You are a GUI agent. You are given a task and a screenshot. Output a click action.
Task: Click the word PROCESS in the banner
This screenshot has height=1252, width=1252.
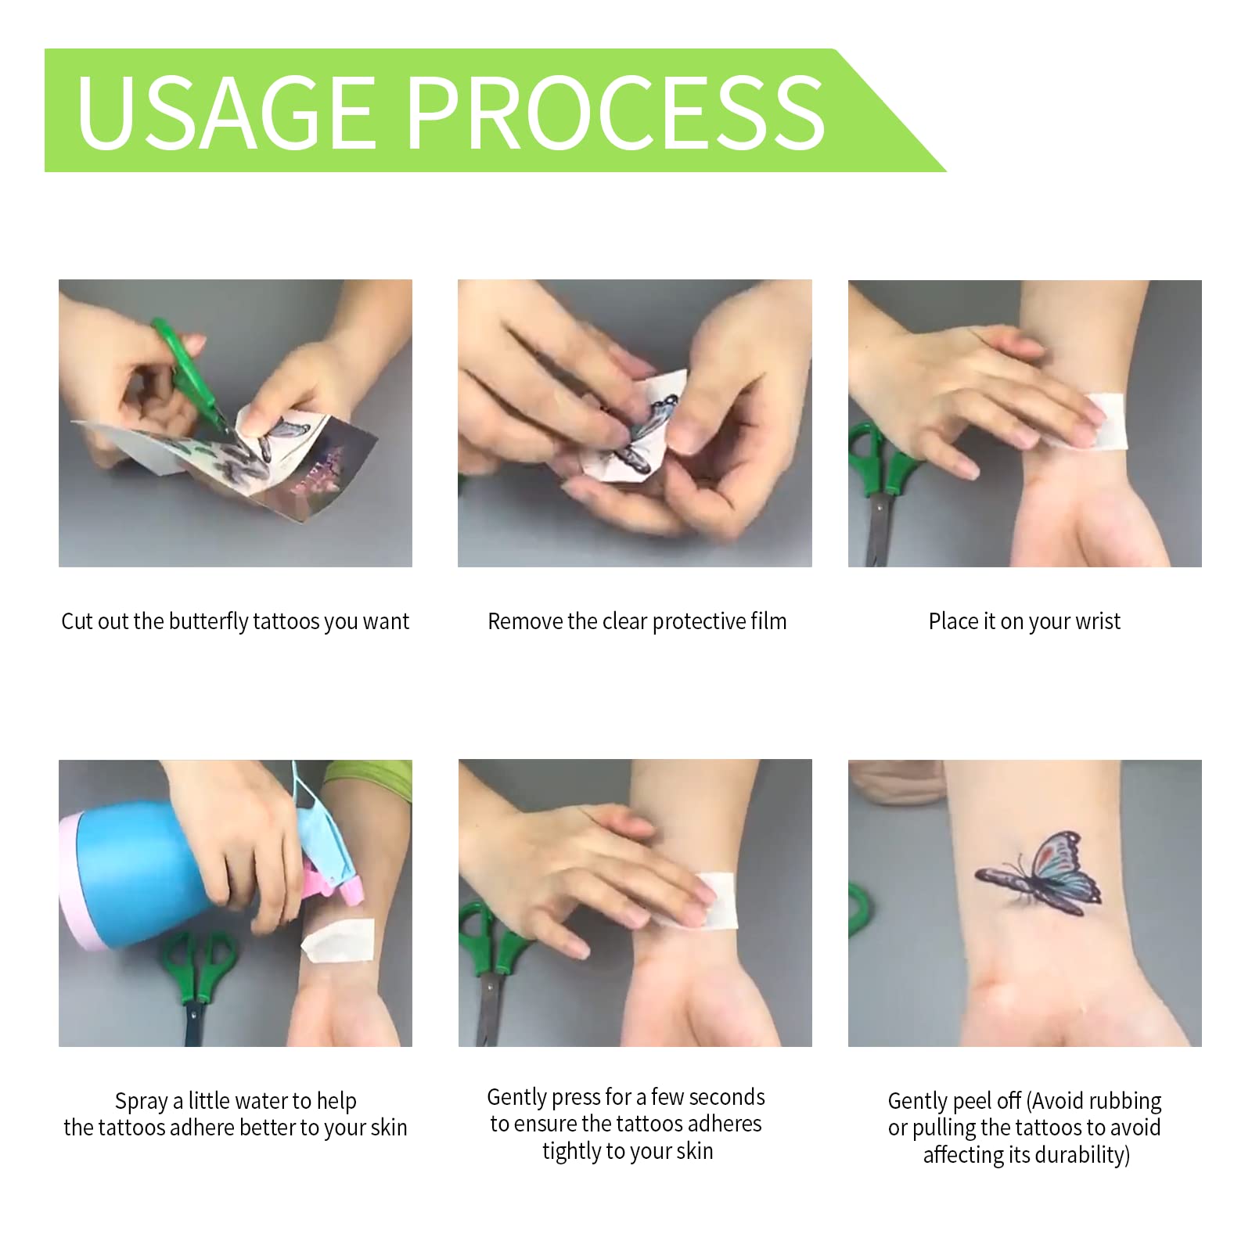point(617,113)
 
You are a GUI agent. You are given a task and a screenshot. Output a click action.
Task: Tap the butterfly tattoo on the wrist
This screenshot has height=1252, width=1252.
point(1038,875)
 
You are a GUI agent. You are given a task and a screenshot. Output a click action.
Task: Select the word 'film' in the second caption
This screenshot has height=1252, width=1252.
point(768,621)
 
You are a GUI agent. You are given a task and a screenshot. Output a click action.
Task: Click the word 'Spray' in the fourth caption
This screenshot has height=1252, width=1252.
point(142,1102)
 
